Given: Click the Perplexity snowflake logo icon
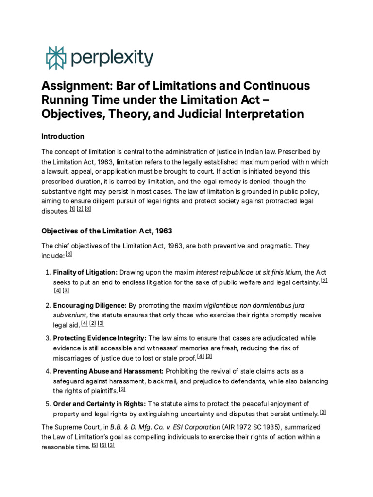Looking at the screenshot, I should (x=55, y=58).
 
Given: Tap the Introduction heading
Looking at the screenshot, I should (x=63, y=136).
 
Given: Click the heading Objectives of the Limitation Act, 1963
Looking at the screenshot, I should (x=107, y=230).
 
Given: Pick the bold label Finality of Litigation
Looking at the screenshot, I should (x=85, y=272).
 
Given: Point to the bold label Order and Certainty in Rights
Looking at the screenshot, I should (x=99, y=404).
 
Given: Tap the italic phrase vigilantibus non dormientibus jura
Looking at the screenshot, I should (x=254, y=305).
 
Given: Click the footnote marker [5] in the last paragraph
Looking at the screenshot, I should (x=95, y=446).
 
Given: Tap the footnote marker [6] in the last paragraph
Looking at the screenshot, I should (x=103, y=446).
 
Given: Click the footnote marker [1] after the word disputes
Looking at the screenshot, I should (x=72, y=209).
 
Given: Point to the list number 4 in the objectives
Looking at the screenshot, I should (x=47, y=371).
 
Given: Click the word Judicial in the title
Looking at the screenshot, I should (x=210, y=114).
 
